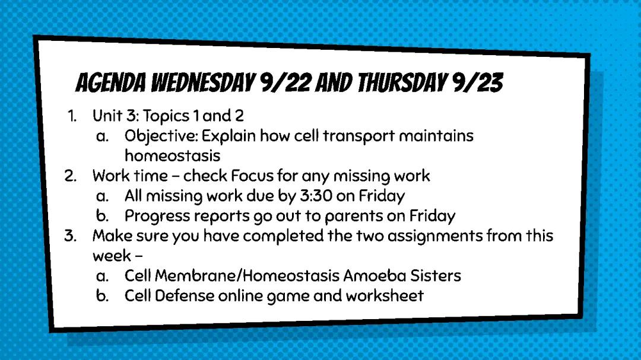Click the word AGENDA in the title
pyautogui.click(x=111, y=83)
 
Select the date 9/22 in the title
pyautogui.click(x=285, y=83)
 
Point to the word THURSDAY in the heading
pyautogui.click(x=402, y=83)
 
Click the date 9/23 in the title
pyautogui.click(x=477, y=83)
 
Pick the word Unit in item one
pyautogui.click(x=107, y=116)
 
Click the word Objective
pyautogui.click(x=161, y=136)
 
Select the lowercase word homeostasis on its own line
pyautogui.click(x=173, y=156)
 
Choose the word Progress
pyautogui.click(x=157, y=216)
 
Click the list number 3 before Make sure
pyautogui.click(x=70, y=236)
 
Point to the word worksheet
pyautogui.click(x=385, y=296)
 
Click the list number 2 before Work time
pyautogui.click(x=70, y=176)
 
